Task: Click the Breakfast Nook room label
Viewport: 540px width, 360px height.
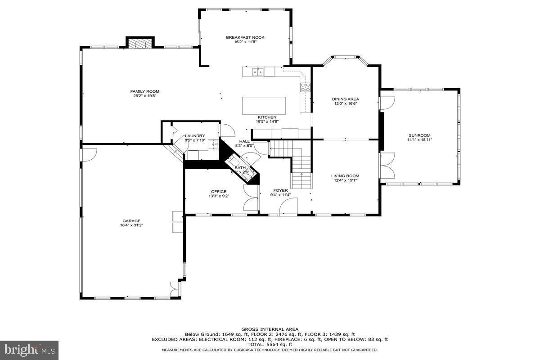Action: [245, 37]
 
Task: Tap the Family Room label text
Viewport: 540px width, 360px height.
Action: [145, 91]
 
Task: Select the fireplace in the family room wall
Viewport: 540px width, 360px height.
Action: [140, 43]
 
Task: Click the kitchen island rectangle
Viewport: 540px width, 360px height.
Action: [264, 106]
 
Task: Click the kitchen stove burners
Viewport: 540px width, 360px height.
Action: [305, 87]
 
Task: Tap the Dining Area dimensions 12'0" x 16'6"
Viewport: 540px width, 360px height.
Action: [346, 103]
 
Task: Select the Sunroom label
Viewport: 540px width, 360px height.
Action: [419, 135]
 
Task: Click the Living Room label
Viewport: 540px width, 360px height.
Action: [345, 176]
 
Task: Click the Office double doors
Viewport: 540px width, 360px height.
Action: [251, 198]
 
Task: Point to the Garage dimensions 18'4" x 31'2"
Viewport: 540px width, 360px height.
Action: [131, 225]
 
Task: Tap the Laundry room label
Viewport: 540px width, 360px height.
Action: [195, 136]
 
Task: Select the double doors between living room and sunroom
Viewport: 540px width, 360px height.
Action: [387, 166]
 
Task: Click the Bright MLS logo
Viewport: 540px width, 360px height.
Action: [29, 349]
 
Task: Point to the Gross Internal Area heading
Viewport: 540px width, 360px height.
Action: [270, 329]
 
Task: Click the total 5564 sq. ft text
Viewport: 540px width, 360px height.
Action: [270, 344]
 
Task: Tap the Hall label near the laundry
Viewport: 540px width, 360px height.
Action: [244, 141]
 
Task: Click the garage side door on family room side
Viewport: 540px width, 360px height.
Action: [88, 154]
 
